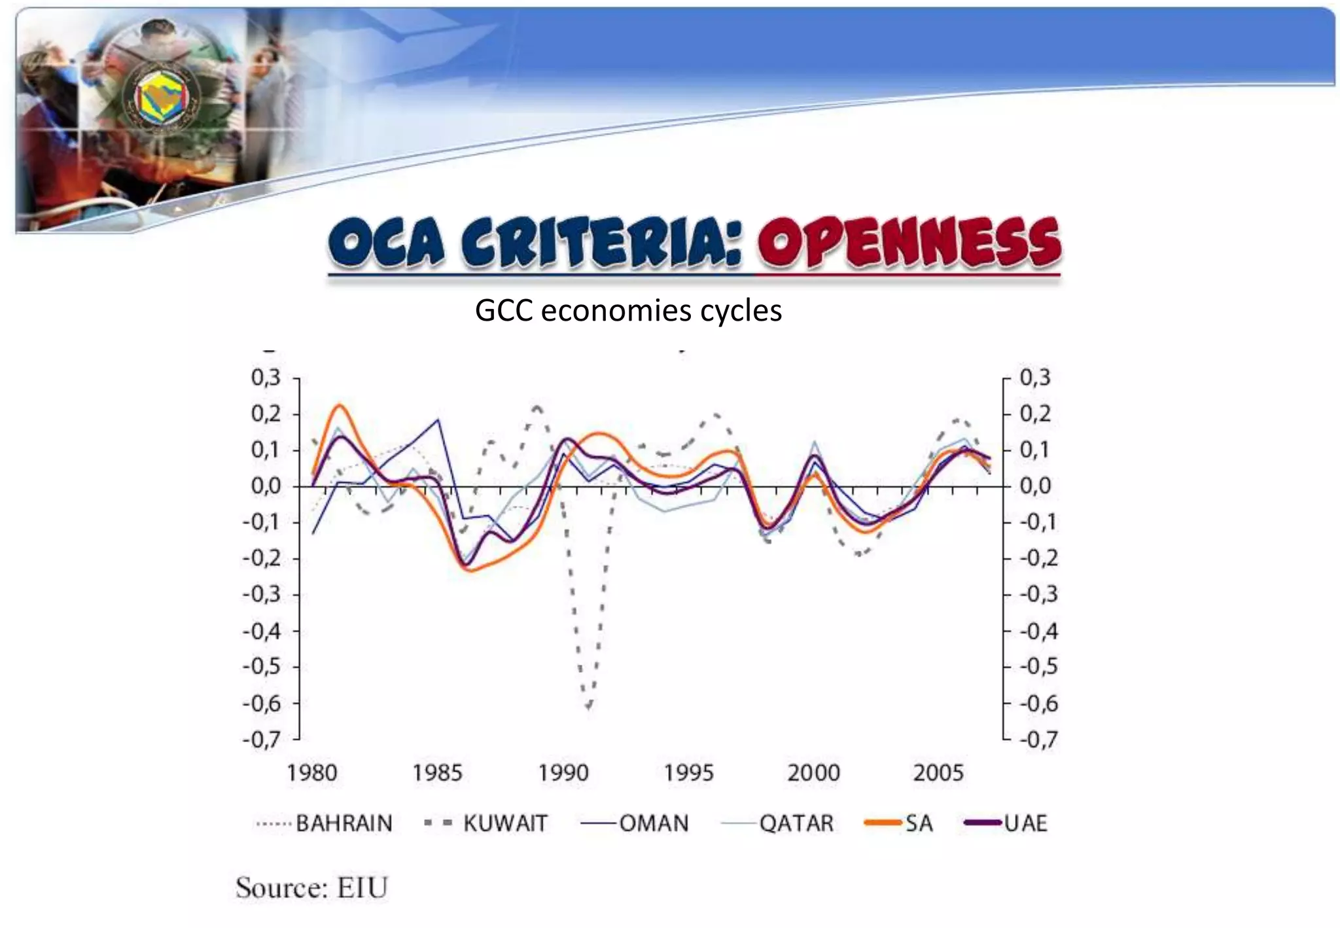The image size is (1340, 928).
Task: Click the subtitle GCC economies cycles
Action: [x=628, y=310]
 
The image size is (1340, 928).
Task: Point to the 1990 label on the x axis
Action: [x=563, y=773]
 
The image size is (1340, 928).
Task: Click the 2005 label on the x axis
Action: [x=938, y=773]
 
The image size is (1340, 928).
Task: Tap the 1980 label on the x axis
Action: [x=312, y=773]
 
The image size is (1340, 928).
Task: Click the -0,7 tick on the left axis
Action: [x=262, y=740]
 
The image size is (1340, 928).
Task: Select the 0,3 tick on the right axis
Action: [x=1035, y=378]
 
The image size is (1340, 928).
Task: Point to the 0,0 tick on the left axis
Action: [x=266, y=486]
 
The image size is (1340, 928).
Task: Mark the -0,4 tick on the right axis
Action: [x=1039, y=632]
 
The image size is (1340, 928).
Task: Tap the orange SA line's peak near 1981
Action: [x=339, y=405]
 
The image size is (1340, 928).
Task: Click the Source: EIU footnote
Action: [x=312, y=888]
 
